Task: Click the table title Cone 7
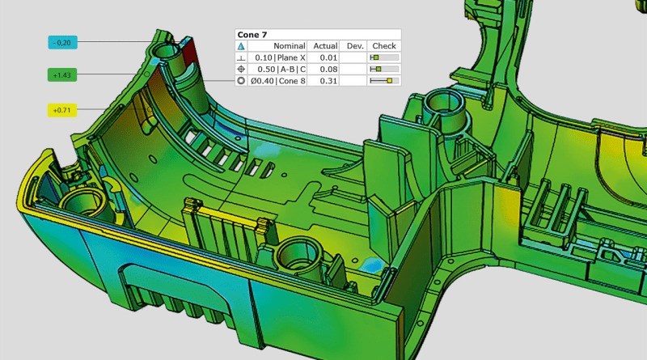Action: pos(252,35)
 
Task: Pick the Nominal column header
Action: pos(288,46)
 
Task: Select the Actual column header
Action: pos(324,46)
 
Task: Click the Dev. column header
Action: pos(355,46)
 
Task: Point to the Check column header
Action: pos(384,46)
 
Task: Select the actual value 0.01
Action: pos(328,58)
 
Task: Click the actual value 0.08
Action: pos(328,70)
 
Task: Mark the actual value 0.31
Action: pos(328,81)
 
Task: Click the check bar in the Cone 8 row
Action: pos(384,81)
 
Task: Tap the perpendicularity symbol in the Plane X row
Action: pos(241,58)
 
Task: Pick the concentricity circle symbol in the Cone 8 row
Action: pos(241,81)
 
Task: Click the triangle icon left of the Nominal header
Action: pos(241,46)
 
